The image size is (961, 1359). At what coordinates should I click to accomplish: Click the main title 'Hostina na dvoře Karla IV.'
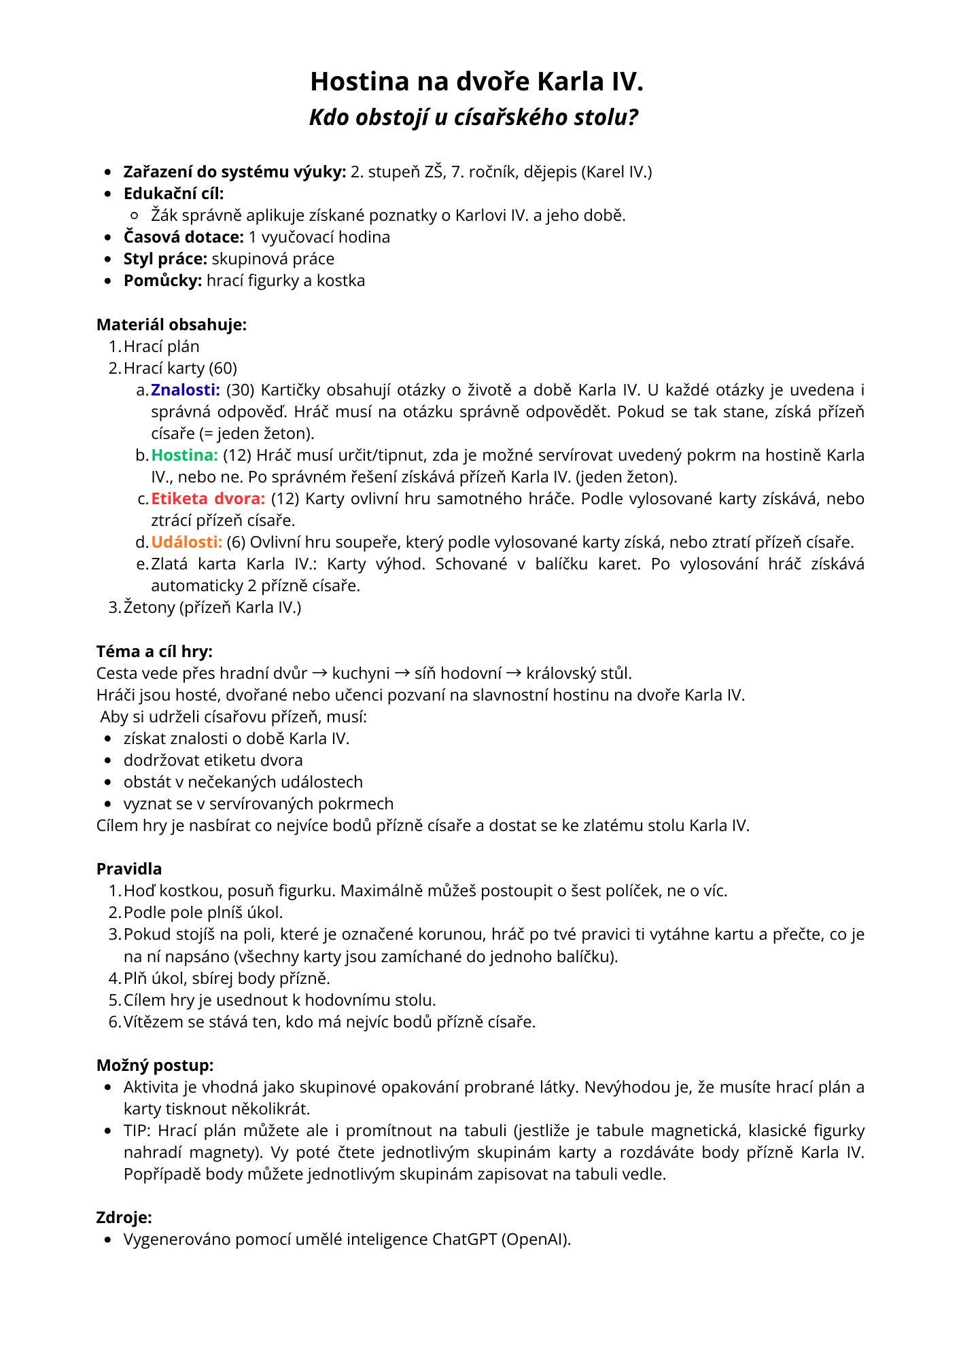tap(476, 82)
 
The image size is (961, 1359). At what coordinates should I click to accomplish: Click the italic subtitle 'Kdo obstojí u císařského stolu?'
tap(474, 118)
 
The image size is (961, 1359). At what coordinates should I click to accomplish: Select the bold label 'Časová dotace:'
tap(184, 237)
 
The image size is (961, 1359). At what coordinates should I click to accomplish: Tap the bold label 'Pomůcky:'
tap(162, 281)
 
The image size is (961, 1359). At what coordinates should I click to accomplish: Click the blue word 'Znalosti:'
tap(186, 390)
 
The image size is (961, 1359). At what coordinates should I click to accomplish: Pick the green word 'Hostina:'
tap(184, 455)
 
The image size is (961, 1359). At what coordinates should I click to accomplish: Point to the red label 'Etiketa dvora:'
tap(208, 499)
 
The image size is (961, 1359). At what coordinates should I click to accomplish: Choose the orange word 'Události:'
tap(187, 542)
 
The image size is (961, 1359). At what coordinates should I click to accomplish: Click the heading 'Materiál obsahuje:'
tap(171, 325)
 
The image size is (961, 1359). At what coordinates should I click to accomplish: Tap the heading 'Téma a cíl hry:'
tap(154, 652)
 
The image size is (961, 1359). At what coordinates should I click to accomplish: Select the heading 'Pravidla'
tap(129, 869)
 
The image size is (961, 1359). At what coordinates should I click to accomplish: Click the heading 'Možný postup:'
tap(155, 1065)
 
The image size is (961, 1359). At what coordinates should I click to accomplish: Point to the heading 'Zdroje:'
tap(124, 1218)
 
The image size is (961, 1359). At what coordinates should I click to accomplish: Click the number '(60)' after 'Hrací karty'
tap(223, 368)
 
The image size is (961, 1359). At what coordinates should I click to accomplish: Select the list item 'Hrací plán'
tap(162, 347)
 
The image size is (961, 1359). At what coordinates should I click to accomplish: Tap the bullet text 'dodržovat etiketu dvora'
tap(213, 760)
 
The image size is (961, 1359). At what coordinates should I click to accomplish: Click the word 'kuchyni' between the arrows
tap(361, 673)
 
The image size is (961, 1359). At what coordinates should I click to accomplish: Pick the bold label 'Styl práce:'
tap(165, 259)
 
